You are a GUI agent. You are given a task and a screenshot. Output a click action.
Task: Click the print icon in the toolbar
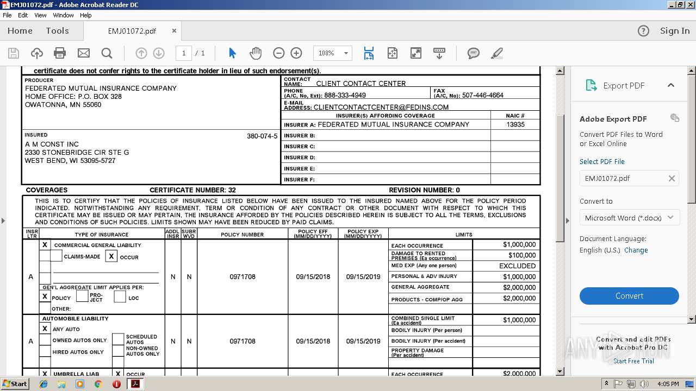[60, 53]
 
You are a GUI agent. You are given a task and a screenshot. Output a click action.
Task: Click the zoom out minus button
[278, 53]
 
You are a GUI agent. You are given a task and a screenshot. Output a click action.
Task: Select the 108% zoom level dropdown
[332, 53]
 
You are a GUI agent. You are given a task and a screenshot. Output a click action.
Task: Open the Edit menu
[23, 15]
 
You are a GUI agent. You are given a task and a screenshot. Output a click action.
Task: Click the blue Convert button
[629, 296]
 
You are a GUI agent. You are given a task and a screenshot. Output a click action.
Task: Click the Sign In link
[674, 31]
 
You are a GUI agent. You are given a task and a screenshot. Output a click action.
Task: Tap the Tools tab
[57, 31]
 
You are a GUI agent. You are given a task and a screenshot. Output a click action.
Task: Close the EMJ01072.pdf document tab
[174, 31]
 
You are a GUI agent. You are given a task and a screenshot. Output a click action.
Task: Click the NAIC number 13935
[515, 124]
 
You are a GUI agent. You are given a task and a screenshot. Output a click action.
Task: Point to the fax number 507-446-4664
[482, 95]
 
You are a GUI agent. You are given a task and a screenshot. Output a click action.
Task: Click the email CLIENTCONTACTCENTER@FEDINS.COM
[381, 107]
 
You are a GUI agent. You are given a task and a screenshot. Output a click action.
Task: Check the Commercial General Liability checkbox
[45, 245]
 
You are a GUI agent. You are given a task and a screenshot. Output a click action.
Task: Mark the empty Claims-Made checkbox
[56, 256]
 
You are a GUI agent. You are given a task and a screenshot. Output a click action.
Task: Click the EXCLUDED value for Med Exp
[517, 266]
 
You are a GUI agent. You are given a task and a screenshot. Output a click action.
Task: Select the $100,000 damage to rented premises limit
[521, 255]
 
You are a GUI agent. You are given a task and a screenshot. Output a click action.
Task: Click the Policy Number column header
[242, 235]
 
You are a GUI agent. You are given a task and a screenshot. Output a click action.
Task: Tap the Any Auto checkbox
[45, 329]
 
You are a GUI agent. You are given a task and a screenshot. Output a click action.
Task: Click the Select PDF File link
[602, 161]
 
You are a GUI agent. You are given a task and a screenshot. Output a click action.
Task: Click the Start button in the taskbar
[15, 383]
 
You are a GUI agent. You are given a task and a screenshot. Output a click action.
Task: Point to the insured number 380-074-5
[262, 136]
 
